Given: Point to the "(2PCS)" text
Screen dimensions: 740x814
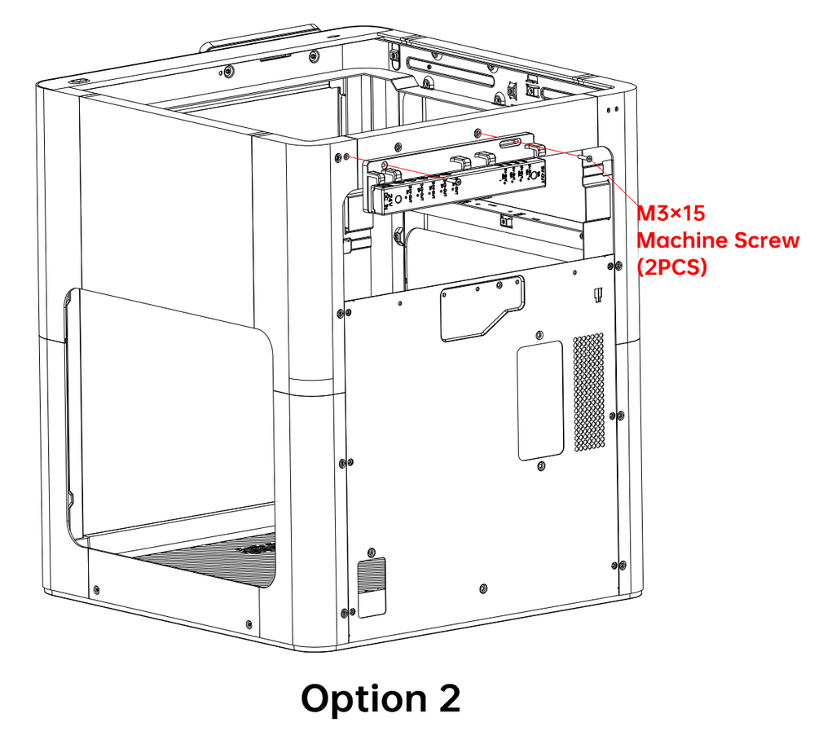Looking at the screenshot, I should [673, 267].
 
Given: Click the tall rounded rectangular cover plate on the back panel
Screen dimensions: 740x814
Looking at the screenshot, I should [540, 399].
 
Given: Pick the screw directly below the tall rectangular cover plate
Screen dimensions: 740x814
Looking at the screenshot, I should [541, 465].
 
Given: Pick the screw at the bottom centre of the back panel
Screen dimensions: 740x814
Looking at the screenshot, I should [484, 588].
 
